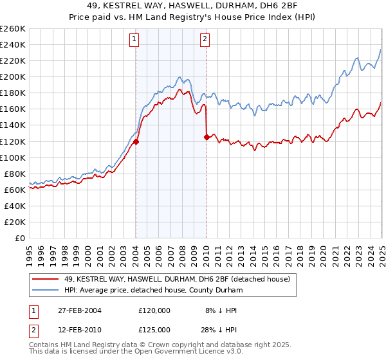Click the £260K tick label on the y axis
(13, 28)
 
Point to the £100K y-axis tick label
(13, 157)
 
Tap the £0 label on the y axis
(20, 239)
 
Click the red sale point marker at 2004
(136, 141)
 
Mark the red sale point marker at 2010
(207, 137)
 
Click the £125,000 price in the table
(154, 329)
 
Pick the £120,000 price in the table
(154, 310)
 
